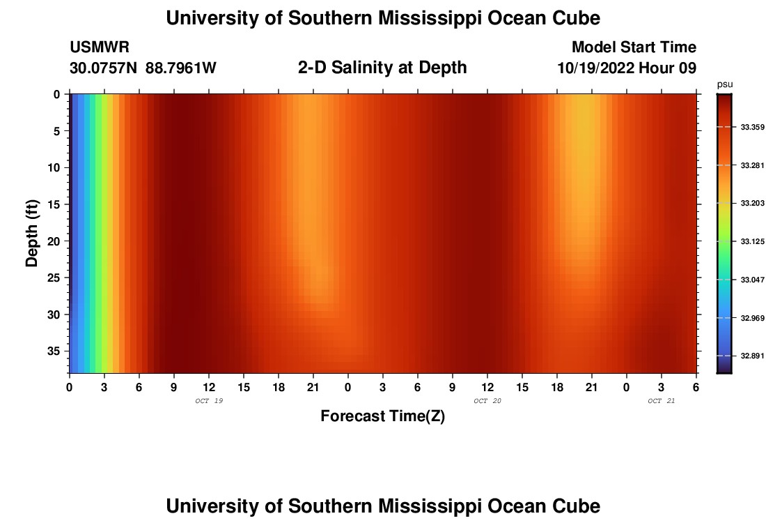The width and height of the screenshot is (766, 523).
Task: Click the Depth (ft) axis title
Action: pyautogui.click(x=32, y=233)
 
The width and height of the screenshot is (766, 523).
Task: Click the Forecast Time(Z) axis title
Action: pyautogui.click(x=382, y=416)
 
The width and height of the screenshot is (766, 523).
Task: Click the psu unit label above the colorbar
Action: pyautogui.click(x=724, y=84)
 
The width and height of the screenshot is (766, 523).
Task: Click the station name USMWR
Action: pyautogui.click(x=100, y=47)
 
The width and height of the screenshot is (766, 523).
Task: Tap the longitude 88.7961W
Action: pyautogui.click(x=181, y=68)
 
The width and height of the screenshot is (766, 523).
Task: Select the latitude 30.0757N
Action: pyautogui.click(x=103, y=68)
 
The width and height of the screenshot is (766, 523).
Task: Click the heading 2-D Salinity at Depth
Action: pyautogui.click(x=382, y=68)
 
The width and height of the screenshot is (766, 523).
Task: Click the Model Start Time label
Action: pyautogui.click(x=634, y=47)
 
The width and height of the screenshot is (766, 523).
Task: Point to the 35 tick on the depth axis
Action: pyautogui.click(x=56, y=350)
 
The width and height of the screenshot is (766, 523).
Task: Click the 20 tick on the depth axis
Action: pyautogui.click(x=56, y=241)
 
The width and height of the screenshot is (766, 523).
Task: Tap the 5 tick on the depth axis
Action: pyautogui.click(x=58, y=131)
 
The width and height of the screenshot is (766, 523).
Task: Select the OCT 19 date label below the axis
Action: pyautogui.click(x=209, y=401)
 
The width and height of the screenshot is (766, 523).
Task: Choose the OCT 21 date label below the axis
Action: pyautogui.click(x=662, y=401)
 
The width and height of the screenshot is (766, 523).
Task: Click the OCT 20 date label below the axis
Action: pyautogui.click(x=487, y=401)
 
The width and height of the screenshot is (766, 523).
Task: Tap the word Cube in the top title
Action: pyautogui.click(x=574, y=18)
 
